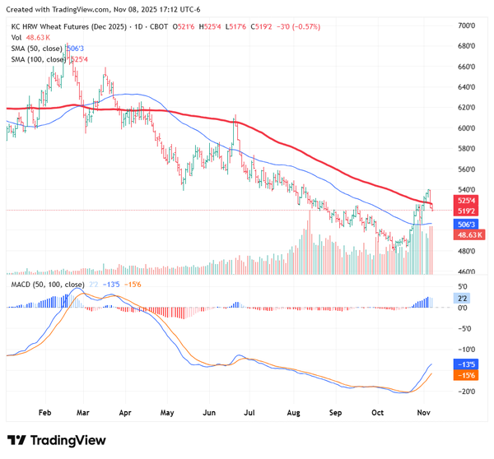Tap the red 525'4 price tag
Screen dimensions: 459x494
tap(466, 200)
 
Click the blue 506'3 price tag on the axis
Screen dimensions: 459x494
tap(466, 224)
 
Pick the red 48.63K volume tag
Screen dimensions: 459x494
tap(468, 234)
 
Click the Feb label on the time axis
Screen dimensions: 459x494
tap(45, 410)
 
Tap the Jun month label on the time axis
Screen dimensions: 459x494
tap(209, 410)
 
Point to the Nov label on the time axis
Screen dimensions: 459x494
tap(421, 410)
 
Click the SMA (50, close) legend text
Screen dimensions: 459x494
tap(39, 49)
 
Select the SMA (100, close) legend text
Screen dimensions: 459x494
tap(41, 59)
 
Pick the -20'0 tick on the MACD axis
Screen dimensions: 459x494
tap(466, 391)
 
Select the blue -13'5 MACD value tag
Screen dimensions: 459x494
tap(466, 364)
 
